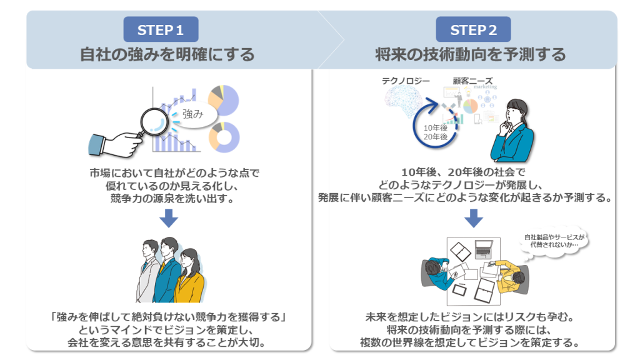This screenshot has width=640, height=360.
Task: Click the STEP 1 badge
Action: [161, 29]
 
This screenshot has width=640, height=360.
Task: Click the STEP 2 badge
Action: [473, 29]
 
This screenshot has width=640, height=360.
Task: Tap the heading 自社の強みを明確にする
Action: [167, 54]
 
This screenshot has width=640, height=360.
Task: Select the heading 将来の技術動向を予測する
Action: [470, 54]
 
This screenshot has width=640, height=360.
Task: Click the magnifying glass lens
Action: [154, 122]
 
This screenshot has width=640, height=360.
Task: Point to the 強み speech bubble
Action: [192, 114]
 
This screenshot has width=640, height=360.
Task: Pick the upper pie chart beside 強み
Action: [223, 101]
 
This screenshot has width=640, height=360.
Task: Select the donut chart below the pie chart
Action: [224, 137]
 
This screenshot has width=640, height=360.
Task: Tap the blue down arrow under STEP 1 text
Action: [169, 218]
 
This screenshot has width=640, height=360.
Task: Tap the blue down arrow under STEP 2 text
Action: [474, 218]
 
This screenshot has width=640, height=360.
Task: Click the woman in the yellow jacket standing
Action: [190, 276]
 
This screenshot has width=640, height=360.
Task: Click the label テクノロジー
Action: [406, 81]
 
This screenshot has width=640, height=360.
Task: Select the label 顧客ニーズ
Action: [472, 81]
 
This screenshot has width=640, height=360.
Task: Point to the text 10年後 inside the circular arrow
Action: [436, 127]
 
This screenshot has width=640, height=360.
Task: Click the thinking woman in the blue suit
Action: [512, 131]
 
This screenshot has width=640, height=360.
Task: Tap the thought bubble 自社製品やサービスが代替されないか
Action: [554, 242]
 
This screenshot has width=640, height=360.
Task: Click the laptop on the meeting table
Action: [484, 249]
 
